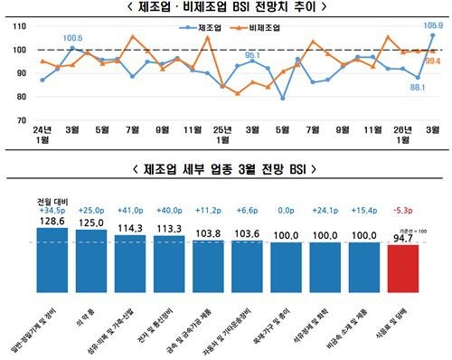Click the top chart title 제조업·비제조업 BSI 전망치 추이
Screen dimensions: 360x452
[225, 8]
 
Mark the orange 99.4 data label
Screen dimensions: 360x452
[433, 61]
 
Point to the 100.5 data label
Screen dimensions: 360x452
[73, 38]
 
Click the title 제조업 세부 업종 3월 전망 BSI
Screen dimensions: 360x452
[226, 167]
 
